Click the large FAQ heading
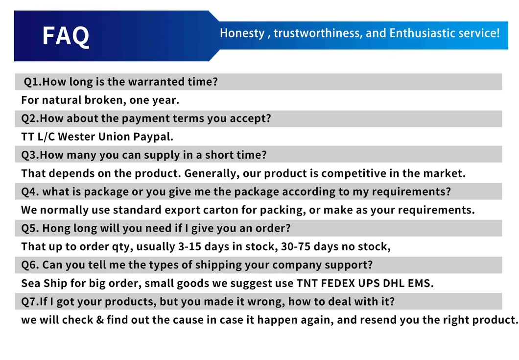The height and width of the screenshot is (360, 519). (x=66, y=36)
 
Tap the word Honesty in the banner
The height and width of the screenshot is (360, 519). (x=242, y=33)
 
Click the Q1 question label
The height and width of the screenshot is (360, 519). (x=33, y=82)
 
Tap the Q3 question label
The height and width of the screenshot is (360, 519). (x=30, y=155)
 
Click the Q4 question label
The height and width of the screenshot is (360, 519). (x=30, y=192)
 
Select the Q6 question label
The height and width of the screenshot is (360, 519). (x=30, y=265)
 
